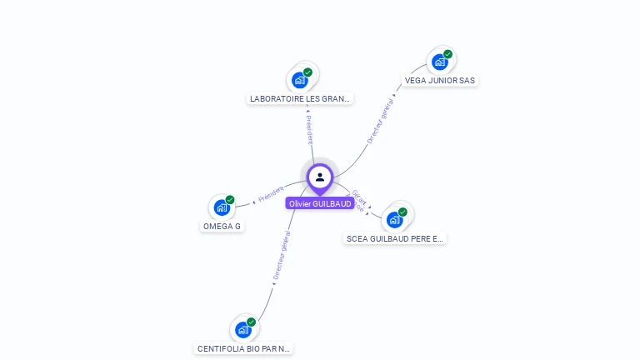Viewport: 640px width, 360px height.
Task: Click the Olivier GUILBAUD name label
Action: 320,203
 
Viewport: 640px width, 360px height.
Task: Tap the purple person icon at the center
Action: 320,177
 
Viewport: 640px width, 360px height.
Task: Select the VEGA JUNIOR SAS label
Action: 439,81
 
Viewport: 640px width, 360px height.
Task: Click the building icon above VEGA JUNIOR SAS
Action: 439,62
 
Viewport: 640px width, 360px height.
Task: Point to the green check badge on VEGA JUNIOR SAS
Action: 447,54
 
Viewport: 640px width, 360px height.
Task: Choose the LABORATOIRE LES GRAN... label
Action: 301,98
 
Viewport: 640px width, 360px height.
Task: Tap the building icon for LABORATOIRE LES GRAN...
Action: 299,81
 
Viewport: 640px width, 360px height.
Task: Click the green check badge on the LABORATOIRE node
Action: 307,72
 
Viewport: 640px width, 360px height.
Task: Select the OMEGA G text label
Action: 222,226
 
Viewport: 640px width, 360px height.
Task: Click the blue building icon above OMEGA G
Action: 222,207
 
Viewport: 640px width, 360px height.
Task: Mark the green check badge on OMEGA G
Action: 230,200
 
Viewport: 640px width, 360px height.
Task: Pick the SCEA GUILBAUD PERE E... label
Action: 395,238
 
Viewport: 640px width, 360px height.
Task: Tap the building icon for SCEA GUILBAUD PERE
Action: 394,220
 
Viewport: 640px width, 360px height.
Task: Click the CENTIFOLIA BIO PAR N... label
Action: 243,348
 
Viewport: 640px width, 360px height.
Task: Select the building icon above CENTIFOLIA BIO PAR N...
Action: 242,330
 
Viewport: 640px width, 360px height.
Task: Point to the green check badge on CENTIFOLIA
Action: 251,322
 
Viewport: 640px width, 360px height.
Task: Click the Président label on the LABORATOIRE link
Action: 309,129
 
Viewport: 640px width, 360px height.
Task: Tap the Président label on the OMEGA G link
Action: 271,194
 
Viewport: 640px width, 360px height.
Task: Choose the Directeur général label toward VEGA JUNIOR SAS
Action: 380,120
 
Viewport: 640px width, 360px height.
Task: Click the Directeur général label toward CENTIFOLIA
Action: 281,257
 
